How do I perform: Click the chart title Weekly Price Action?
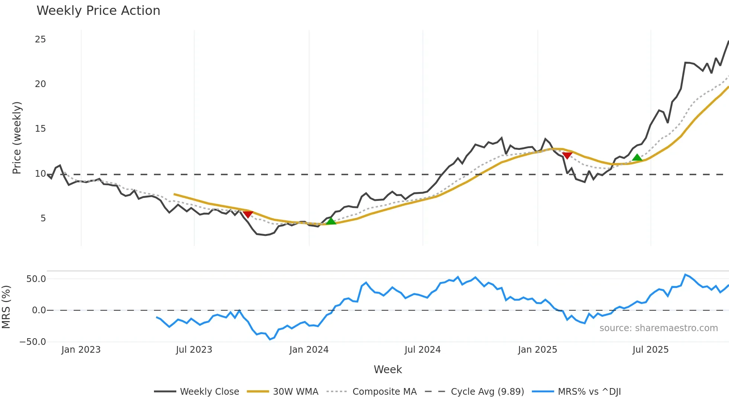tap(98, 11)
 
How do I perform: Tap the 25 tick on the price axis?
tap(40, 39)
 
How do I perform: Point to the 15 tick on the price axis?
tap(40, 129)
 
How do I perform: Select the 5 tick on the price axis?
tap(43, 218)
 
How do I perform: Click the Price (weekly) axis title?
tap(17, 138)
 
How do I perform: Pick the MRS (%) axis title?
tap(6, 307)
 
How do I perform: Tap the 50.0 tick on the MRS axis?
tap(36, 279)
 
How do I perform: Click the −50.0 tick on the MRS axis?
tap(33, 342)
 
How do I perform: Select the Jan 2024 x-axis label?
tap(309, 350)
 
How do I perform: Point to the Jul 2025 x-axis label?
tap(650, 350)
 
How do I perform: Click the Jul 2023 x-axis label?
tap(194, 350)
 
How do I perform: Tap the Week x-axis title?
tap(388, 369)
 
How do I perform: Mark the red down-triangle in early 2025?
tap(567, 155)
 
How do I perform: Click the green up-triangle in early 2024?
tap(331, 221)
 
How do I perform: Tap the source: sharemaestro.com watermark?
tap(658, 328)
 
